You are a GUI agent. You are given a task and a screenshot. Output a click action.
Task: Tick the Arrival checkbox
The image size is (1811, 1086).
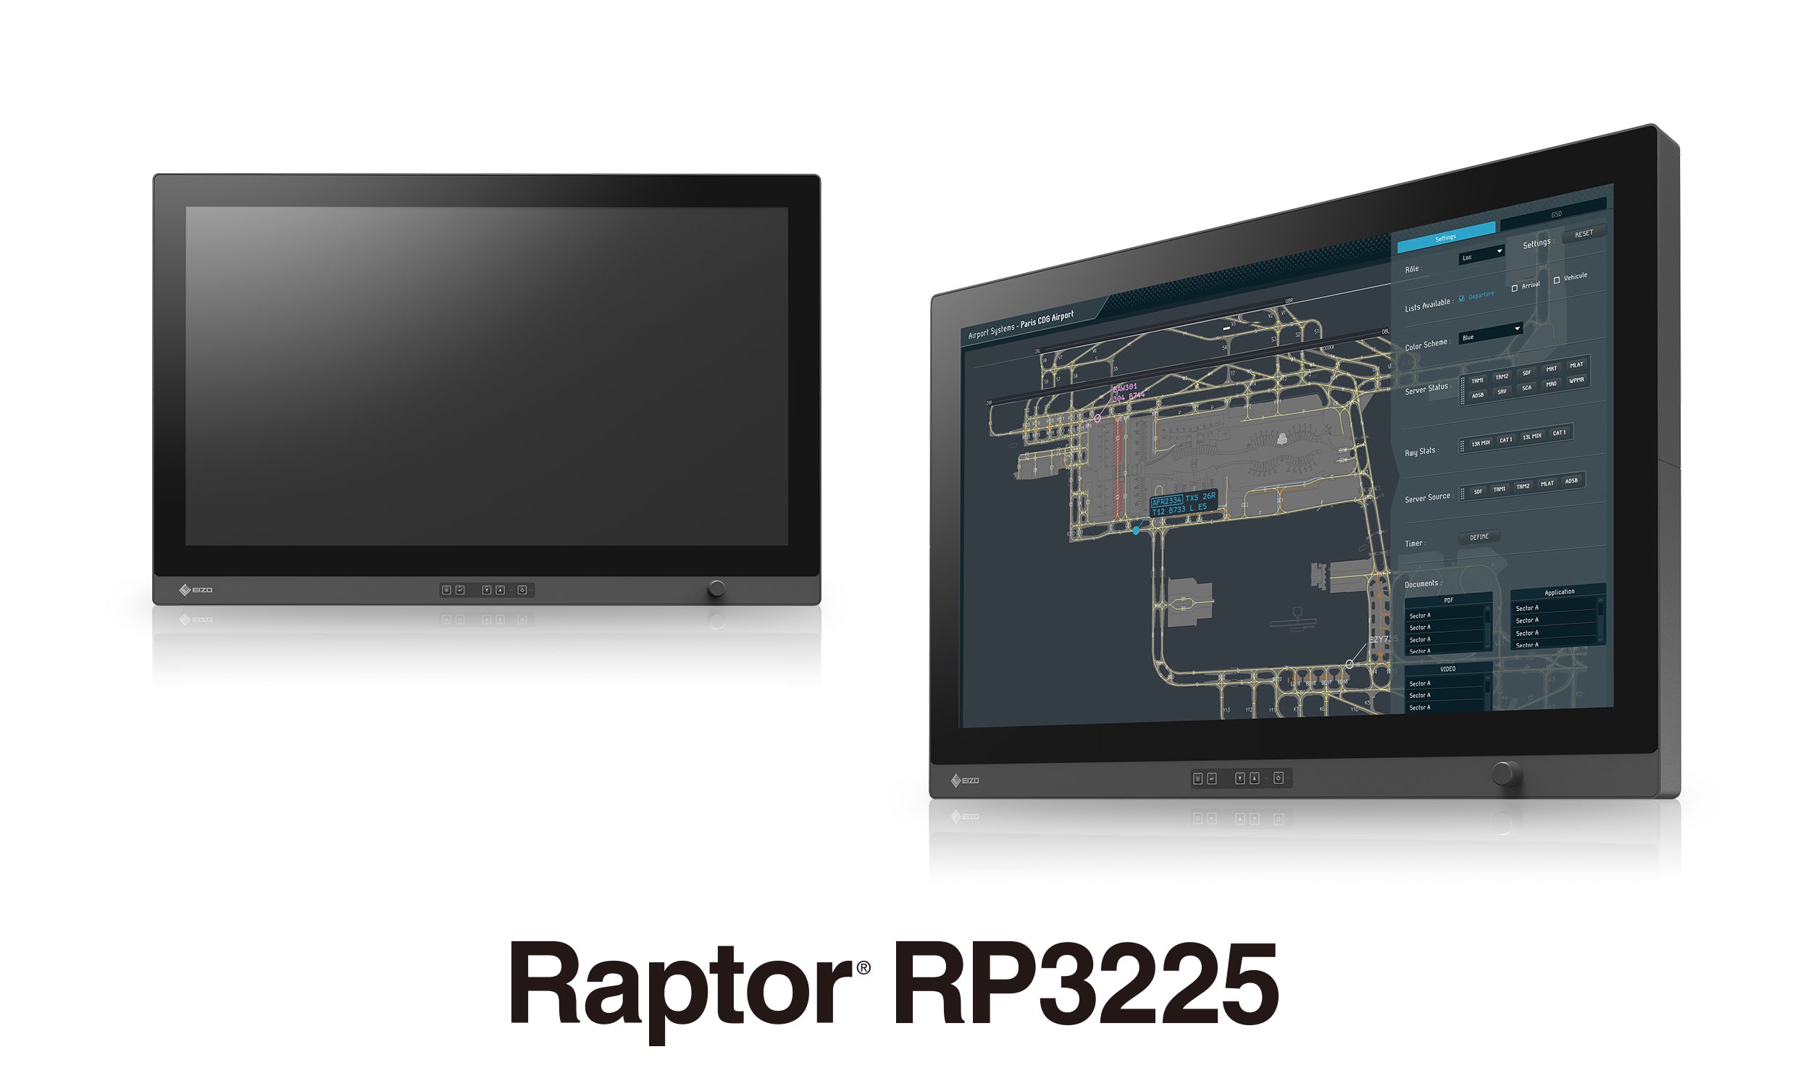pyautogui.click(x=1515, y=288)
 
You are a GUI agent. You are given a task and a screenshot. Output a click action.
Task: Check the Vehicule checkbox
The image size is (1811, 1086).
pyautogui.click(x=1556, y=280)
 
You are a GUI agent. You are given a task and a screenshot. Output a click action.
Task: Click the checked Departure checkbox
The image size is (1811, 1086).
pyautogui.click(x=1462, y=298)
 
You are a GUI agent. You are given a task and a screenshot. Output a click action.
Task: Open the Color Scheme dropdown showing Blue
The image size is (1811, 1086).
pyautogui.click(x=1489, y=334)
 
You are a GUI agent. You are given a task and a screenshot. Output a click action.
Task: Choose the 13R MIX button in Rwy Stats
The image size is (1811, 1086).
pyautogui.click(x=1481, y=444)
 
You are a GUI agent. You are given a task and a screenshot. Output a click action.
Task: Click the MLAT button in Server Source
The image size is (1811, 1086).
pyautogui.click(x=1547, y=484)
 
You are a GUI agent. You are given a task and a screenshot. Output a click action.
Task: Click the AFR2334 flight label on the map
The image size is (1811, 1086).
pyautogui.click(x=1166, y=502)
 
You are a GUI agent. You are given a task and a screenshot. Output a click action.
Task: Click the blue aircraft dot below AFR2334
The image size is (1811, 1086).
pyautogui.click(x=1136, y=531)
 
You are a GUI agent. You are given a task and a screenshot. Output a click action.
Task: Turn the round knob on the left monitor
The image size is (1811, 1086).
pyautogui.click(x=716, y=589)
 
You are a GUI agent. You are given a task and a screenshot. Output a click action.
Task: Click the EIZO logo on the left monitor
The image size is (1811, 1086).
pyautogui.click(x=196, y=590)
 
